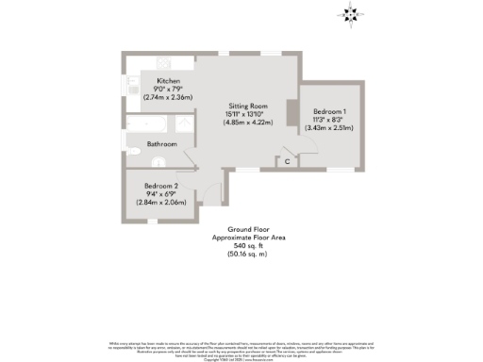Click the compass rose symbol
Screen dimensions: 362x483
tap(351, 13)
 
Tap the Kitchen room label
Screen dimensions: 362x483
tap(169, 81)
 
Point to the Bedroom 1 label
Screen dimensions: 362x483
tap(330, 112)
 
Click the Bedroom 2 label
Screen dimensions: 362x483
tap(162, 187)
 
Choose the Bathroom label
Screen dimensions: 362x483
tap(161, 144)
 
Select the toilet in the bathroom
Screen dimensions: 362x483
tap(132, 145)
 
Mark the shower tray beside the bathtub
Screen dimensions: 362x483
tap(179, 126)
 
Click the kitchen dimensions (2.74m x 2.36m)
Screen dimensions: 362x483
tap(169, 97)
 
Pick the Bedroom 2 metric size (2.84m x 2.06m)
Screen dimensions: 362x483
tap(162, 202)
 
